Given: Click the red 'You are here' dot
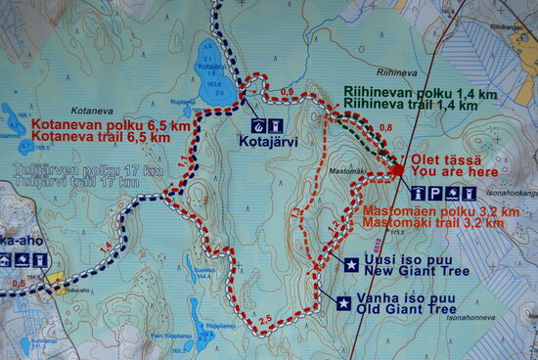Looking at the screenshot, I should [x=397, y=171].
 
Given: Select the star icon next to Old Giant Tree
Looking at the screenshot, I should [x=343, y=303].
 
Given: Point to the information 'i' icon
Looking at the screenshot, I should [x=418, y=194].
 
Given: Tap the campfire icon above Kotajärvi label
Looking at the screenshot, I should [x=257, y=125].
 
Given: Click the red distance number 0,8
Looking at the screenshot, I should [x=384, y=128].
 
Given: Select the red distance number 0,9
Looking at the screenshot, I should [x=287, y=92].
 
